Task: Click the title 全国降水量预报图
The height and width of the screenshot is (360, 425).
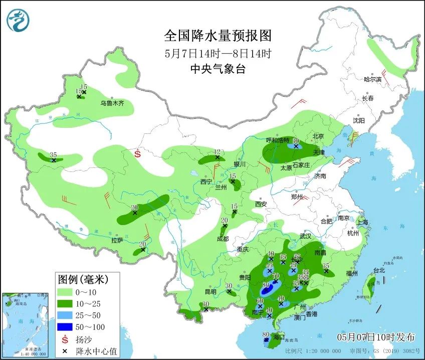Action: (218, 36)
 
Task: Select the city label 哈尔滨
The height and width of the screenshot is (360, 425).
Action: (372, 79)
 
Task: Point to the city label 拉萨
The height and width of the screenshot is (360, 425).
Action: (117, 241)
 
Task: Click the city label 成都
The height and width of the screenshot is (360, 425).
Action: (223, 239)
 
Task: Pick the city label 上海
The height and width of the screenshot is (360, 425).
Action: (362, 222)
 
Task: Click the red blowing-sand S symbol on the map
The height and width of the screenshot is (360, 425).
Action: (138, 154)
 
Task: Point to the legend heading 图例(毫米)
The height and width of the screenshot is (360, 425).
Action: (83, 278)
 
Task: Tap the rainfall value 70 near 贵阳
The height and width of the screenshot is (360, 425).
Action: (275, 276)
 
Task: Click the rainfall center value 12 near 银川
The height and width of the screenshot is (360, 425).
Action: (218, 151)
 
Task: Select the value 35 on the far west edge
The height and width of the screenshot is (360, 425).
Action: (53, 155)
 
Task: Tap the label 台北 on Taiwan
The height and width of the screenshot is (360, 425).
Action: (379, 271)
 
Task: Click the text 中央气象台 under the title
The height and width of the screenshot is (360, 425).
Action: (218, 70)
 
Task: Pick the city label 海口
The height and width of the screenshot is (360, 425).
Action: (278, 337)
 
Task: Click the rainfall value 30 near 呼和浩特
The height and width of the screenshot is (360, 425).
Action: (296, 141)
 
